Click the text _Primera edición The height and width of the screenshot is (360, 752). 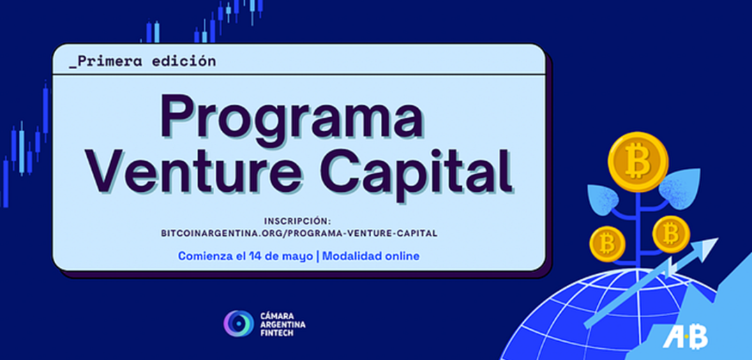click(x=142, y=61)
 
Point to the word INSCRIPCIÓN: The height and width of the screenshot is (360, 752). click(x=298, y=221)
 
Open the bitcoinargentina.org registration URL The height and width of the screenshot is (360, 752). click(x=299, y=234)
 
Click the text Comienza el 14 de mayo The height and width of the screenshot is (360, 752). click(x=245, y=256)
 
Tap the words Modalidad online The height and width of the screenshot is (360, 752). click(x=370, y=256)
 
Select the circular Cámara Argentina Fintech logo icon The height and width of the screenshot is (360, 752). click(x=239, y=324)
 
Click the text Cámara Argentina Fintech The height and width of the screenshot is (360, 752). click(x=282, y=324)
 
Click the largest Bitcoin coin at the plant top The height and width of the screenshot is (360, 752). click(x=638, y=162)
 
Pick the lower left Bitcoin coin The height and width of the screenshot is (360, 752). click(x=607, y=243)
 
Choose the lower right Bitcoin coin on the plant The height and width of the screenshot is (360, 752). click(x=671, y=234)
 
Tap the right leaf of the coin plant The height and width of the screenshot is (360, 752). click(x=679, y=188)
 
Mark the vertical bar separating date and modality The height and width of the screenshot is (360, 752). click(x=317, y=256)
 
